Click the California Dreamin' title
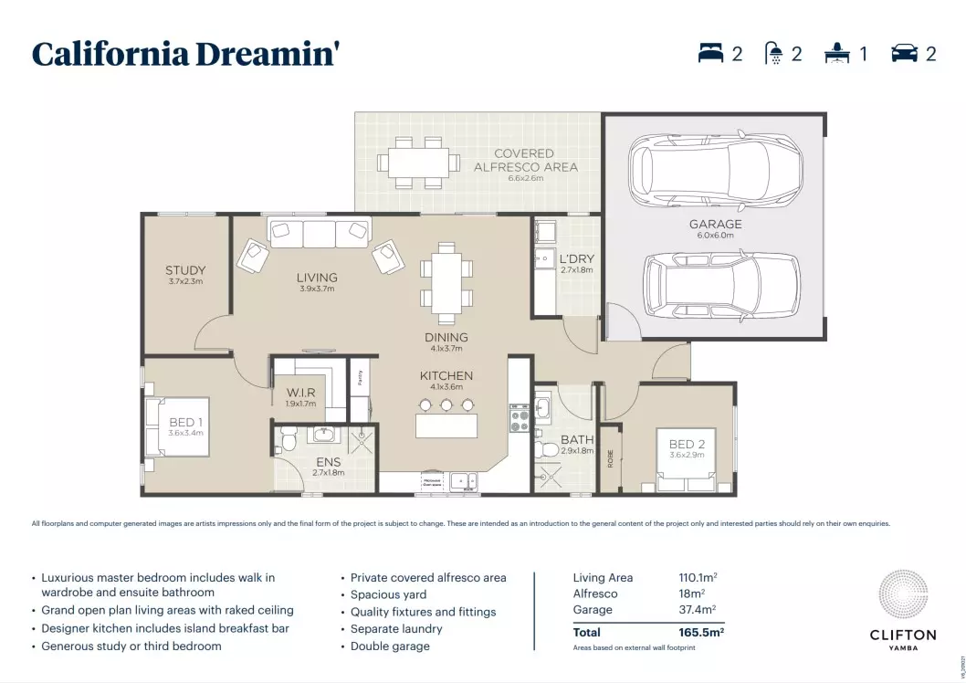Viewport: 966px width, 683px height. [x=186, y=54]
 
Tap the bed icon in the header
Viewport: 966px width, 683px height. [x=710, y=54]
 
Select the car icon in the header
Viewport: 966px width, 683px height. [x=904, y=54]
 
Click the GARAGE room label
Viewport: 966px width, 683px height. [x=715, y=224]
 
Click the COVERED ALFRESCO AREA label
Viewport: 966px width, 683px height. [x=524, y=160]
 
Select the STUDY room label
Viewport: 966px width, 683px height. [x=185, y=270]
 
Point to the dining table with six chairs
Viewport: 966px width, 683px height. [x=446, y=283]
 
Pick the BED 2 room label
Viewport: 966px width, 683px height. [x=687, y=445]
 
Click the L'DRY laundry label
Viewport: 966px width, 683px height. [x=576, y=259]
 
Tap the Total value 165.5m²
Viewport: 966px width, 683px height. [x=702, y=631]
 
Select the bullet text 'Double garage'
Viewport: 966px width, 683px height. [x=390, y=646]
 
